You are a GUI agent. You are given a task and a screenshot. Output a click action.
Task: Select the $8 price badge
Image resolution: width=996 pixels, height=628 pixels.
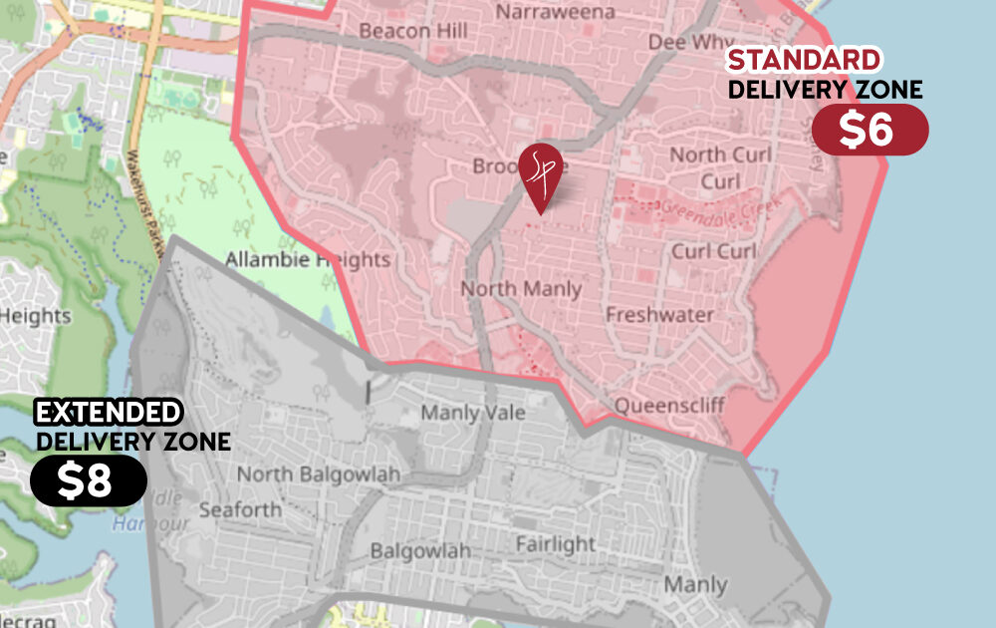(89, 480)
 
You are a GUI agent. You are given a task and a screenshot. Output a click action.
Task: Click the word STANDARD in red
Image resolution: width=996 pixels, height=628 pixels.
(804, 60)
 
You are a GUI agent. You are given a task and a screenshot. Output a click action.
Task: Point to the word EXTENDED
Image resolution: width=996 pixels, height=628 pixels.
(109, 412)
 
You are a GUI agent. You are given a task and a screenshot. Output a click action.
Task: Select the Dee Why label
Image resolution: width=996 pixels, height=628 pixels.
(689, 42)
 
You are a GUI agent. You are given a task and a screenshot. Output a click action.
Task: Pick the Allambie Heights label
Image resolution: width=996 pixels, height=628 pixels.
(307, 260)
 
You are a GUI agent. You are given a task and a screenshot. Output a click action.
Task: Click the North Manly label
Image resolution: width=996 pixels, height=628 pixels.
(520, 289)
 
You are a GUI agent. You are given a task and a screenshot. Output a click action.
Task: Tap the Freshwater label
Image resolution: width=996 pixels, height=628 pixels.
(659, 315)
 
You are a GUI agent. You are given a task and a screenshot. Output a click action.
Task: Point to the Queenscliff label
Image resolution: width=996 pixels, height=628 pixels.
(669, 406)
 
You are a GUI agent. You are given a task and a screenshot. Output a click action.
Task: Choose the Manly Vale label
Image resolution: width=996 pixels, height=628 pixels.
(472, 413)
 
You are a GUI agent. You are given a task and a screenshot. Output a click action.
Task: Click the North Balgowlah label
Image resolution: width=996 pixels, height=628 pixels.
(318, 474)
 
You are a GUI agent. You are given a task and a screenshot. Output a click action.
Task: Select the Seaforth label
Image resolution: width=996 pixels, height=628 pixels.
(240, 509)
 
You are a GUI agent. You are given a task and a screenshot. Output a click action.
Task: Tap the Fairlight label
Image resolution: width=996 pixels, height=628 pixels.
(555, 544)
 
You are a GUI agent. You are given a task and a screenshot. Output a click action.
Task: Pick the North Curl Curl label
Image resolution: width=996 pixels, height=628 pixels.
(720, 167)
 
